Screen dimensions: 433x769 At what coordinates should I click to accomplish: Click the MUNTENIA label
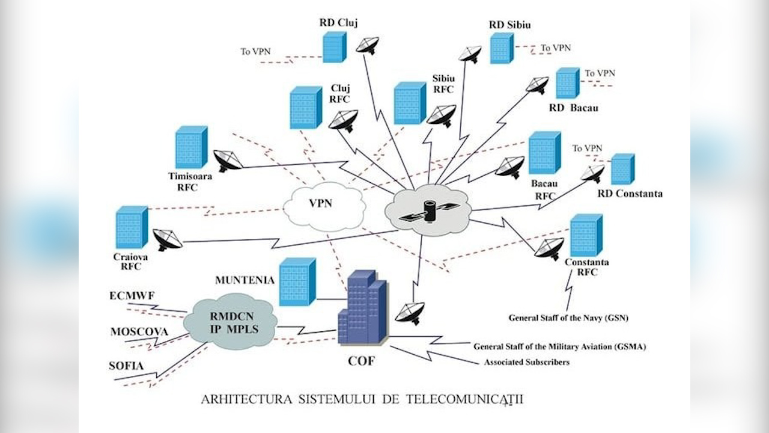pos(245,280)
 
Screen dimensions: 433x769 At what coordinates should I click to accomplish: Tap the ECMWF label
pos(131,296)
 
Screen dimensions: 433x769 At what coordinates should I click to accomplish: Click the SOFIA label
pos(127,366)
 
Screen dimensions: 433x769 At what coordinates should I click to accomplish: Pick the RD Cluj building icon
pos(334,46)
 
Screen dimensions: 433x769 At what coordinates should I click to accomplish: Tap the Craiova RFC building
pos(132,227)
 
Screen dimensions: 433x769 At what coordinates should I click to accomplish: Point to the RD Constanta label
pos(630,194)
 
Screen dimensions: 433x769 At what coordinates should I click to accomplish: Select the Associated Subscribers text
pos(527,362)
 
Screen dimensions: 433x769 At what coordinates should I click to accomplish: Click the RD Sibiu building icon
pos(501,48)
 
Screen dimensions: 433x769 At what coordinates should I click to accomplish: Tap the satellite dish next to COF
pos(410,313)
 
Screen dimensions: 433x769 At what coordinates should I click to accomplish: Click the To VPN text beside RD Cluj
pos(255,52)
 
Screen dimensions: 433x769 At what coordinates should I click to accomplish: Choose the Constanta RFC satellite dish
pos(549,248)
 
